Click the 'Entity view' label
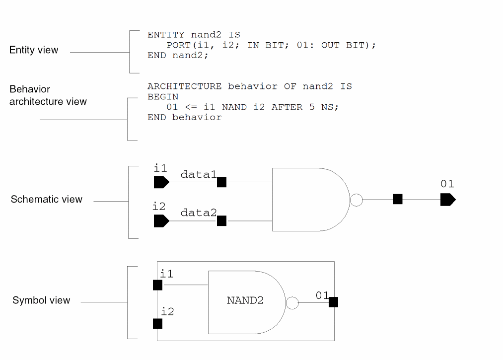coord(34,50)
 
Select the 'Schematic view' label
coord(47,200)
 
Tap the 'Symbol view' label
coord(41,300)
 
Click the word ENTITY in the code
coord(166,35)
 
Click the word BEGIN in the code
coord(163,97)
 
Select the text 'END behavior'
coord(184,118)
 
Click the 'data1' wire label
coord(198,174)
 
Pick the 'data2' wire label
coord(199,213)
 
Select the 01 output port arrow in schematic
coord(447,200)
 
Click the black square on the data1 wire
coord(222,182)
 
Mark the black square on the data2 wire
coord(222,221)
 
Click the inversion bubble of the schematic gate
coord(356,200)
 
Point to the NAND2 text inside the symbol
coord(245,300)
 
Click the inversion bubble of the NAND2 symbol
coord(292,302)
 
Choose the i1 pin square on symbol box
coord(157,285)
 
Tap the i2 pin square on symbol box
coord(157,324)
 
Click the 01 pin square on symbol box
coord(333,302)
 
